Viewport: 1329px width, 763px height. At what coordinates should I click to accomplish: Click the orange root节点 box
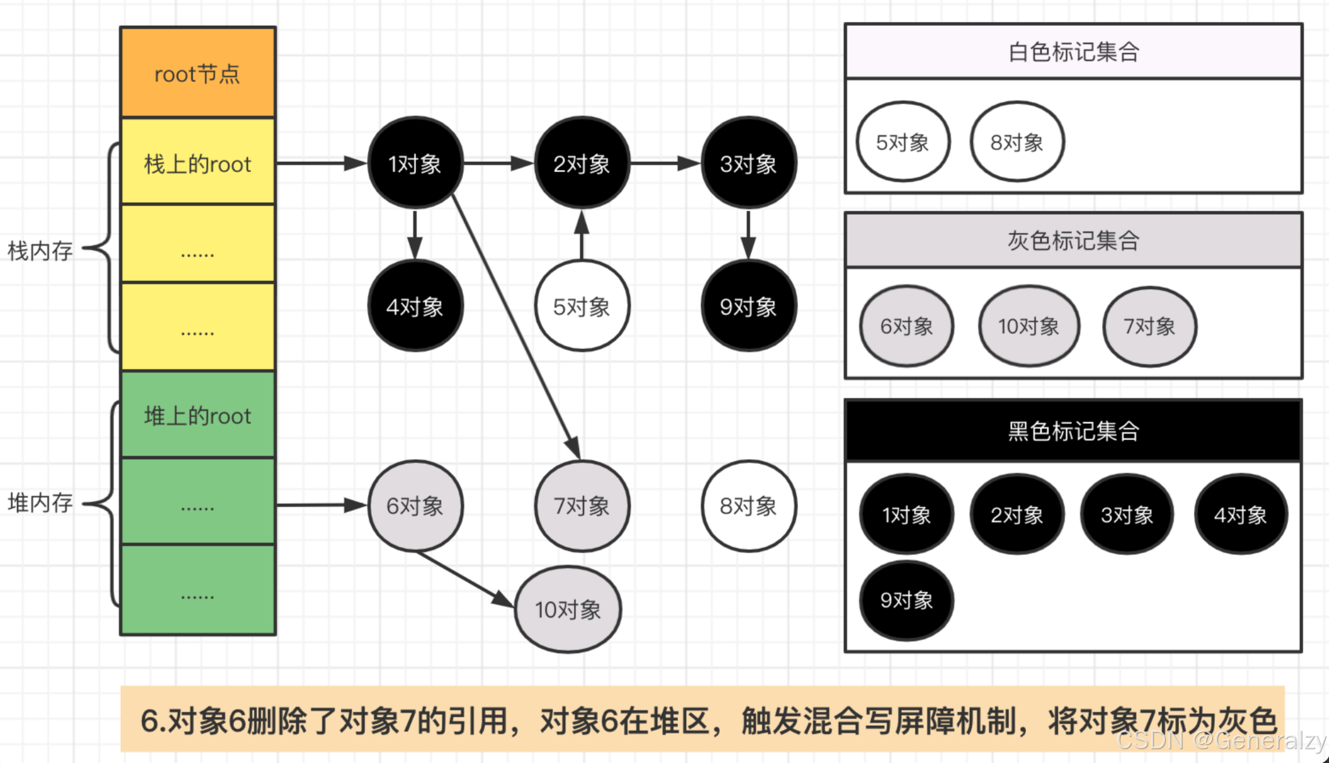(198, 73)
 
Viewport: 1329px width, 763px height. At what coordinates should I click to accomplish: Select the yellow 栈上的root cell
(198, 164)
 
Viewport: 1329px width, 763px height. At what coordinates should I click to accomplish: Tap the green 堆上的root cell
(198, 416)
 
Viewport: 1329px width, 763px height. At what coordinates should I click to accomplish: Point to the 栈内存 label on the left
(40, 251)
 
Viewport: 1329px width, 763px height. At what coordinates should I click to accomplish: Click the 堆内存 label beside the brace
(40, 503)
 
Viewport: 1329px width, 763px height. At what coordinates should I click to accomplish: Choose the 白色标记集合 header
(1073, 52)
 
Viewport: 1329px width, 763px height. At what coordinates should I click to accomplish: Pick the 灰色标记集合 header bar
(1073, 240)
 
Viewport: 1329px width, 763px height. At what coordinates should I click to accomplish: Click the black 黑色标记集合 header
(1073, 431)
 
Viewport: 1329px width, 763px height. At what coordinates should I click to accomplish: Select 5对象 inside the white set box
(902, 142)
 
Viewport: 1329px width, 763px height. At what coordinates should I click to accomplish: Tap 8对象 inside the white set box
(1016, 142)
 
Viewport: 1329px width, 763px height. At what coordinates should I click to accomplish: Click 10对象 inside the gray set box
(1028, 326)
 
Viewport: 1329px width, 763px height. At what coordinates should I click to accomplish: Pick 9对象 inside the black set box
(906, 600)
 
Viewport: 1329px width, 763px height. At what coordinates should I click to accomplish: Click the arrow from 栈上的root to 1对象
(321, 163)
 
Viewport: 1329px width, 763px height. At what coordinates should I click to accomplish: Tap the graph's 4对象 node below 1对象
(415, 307)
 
